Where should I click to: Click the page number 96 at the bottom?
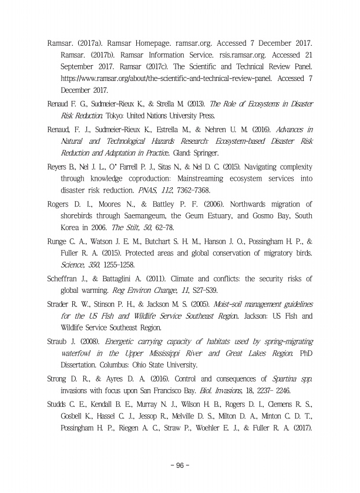(180, 466)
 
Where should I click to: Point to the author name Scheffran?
(66, 278)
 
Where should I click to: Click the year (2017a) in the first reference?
(90, 44)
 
